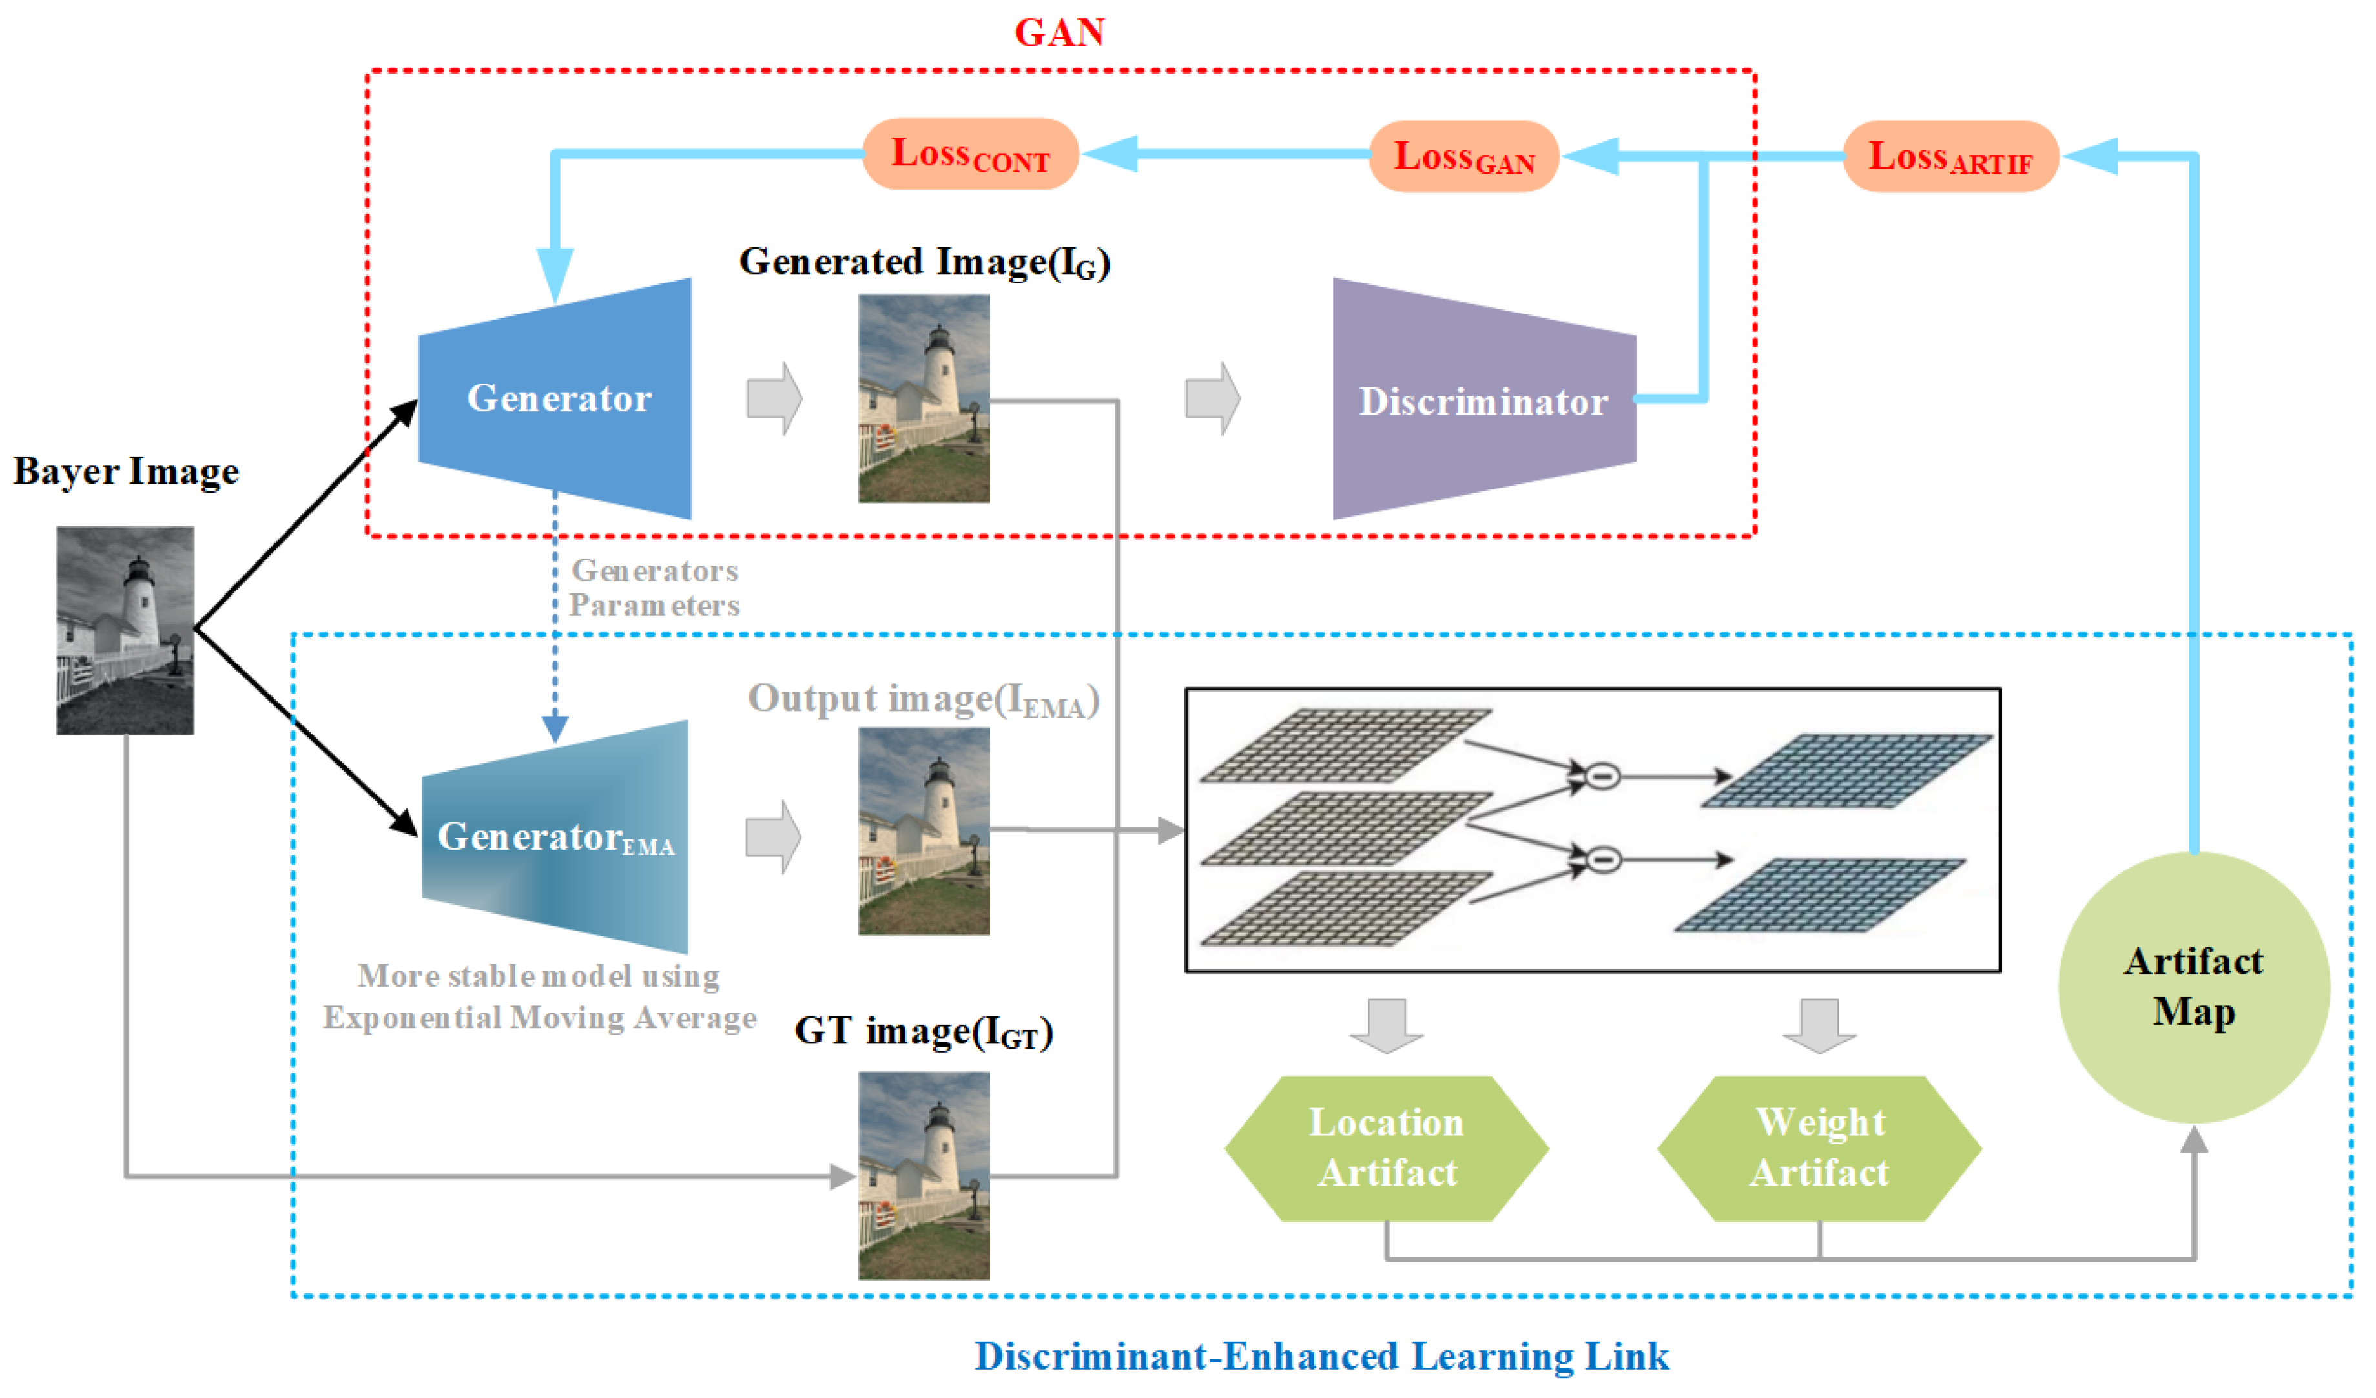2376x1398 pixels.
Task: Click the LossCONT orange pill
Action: point(970,154)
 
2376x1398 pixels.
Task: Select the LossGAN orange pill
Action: point(1463,156)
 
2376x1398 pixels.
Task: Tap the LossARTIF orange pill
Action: point(1950,156)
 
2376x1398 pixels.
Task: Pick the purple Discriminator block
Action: point(1483,400)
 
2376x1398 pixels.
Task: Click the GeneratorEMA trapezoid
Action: point(556,837)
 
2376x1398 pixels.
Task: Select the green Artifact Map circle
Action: point(2193,986)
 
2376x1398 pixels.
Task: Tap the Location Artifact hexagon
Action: point(1386,1148)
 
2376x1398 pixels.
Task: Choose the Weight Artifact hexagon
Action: point(1819,1148)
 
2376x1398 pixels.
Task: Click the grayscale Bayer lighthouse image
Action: point(125,630)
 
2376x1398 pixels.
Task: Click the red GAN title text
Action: point(1059,33)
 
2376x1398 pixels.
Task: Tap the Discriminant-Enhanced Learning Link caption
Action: point(1321,1355)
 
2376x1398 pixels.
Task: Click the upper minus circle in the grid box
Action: point(1602,776)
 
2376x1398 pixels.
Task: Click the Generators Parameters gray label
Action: point(654,588)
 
